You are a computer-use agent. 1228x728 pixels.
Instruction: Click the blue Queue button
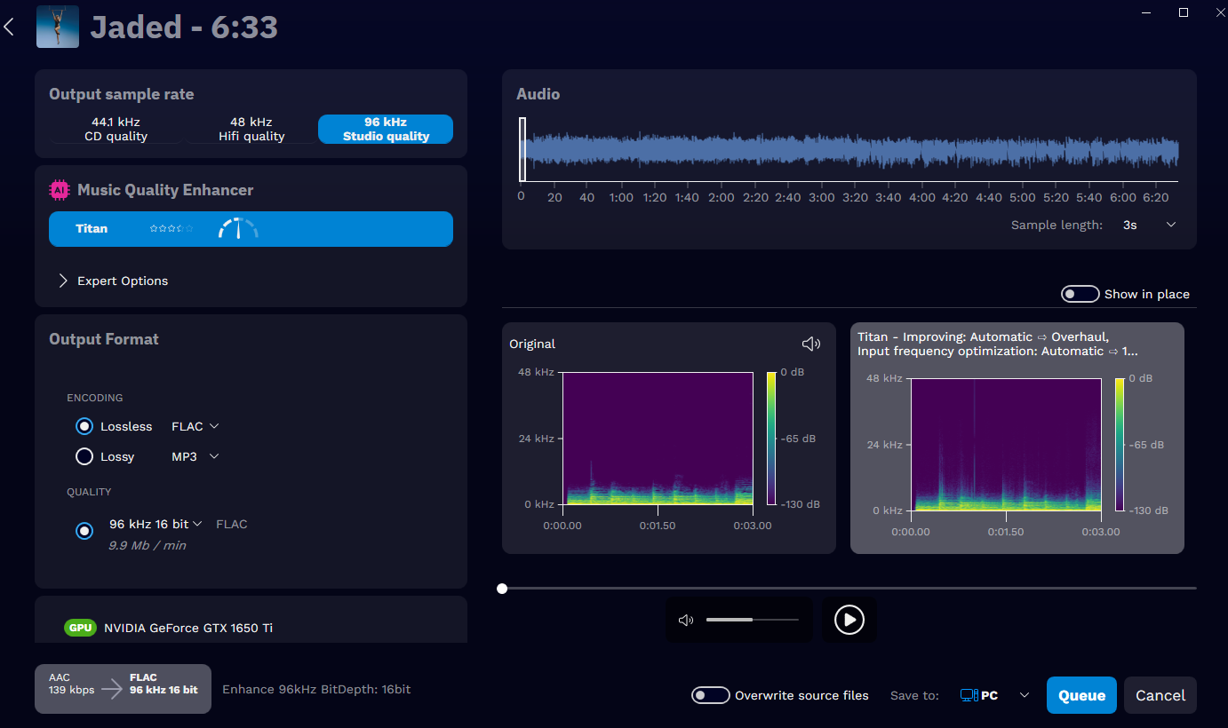pyautogui.click(x=1081, y=695)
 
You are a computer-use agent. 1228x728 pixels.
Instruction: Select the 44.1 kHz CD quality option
pyautogui.click(x=116, y=129)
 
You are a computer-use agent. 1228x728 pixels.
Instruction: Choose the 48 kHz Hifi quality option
pyautogui.click(x=251, y=129)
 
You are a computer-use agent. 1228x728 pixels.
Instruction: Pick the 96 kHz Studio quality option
pyautogui.click(x=386, y=129)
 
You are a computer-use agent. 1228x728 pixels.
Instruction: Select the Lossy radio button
pyautogui.click(x=84, y=456)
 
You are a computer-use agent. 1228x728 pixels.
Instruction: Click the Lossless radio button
pyautogui.click(x=84, y=426)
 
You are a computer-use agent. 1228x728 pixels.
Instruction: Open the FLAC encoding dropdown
pyautogui.click(x=195, y=426)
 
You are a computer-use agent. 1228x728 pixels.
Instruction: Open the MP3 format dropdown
pyautogui.click(x=195, y=456)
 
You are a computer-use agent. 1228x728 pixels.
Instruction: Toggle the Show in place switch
pyautogui.click(x=1080, y=294)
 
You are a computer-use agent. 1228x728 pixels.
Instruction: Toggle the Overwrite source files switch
pyautogui.click(x=711, y=695)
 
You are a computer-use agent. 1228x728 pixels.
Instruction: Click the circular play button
pyautogui.click(x=849, y=620)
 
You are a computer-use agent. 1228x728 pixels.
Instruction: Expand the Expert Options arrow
pyautogui.click(x=63, y=281)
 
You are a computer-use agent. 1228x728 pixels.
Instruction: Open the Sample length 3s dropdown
pyautogui.click(x=1150, y=225)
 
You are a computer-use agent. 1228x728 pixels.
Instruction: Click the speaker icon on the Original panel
pyautogui.click(x=810, y=344)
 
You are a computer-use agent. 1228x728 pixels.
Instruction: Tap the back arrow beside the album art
pyautogui.click(x=9, y=27)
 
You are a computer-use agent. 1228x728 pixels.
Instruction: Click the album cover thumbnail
pyautogui.click(x=58, y=27)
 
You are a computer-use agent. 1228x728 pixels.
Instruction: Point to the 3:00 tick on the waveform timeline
pyautogui.click(x=822, y=197)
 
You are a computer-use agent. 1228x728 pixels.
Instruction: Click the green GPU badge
pyautogui.click(x=80, y=628)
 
